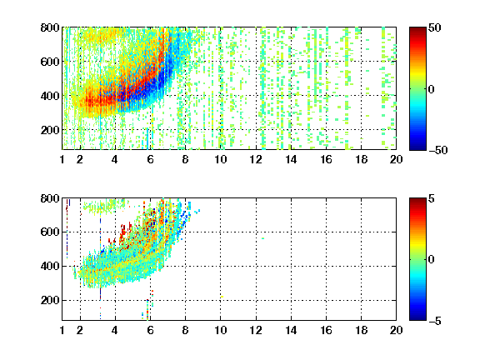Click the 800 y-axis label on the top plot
click(x=50, y=27)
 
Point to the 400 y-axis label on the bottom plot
click(x=50, y=266)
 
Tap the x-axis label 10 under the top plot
click(x=220, y=159)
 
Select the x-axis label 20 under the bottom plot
click(x=396, y=330)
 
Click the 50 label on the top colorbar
click(x=435, y=27)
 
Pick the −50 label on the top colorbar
click(x=438, y=150)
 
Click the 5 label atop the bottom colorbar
click(x=432, y=198)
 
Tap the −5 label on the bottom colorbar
click(x=435, y=321)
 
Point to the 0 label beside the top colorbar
click(x=432, y=89)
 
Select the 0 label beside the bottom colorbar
click(x=432, y=260)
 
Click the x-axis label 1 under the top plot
click(x=62, y=159)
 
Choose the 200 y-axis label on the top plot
click(x=50, y=130)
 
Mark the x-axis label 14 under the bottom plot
click(x=291, y=330)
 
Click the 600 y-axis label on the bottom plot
click(x=50, y=232)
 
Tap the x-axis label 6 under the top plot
click(x=150, y=159)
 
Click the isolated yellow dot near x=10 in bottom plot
click(x=222, y=297)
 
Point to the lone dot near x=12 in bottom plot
click(x=263, y=238)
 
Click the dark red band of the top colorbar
click(x=417, y=31)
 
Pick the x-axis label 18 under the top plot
click(x=361, y=159)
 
